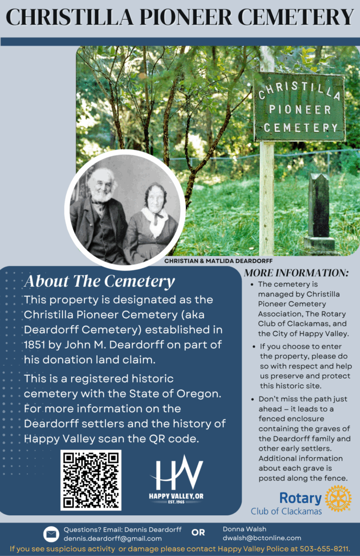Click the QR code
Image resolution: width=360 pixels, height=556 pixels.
[x=91, y=480]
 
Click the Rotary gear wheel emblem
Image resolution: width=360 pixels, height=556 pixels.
[x=338, y=498]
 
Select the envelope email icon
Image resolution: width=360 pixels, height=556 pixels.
[x=51, y=534]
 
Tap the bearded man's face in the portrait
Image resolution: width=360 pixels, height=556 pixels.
[x=103, y=185]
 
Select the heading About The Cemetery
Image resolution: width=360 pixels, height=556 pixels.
[x=99, y=281]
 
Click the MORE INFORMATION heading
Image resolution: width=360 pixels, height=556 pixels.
[x=296, y=273]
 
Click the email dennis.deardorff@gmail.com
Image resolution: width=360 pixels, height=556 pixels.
[x=112, y=538]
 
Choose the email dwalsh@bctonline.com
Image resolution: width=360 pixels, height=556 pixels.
[x=262, y=538]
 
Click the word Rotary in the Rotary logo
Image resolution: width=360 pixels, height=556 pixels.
[x=300, y=498]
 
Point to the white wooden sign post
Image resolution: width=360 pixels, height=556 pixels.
[x=267, y=195]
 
